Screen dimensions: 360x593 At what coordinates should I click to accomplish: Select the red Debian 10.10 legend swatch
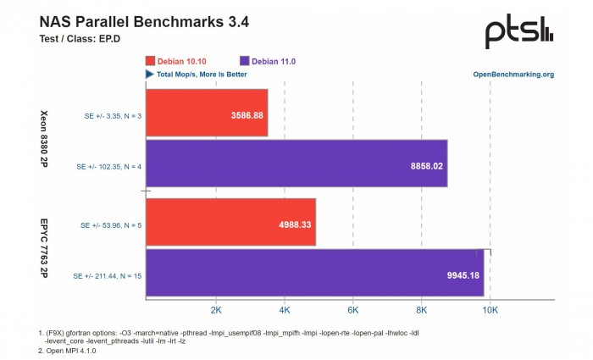pyautogui.click(x=151, y=61)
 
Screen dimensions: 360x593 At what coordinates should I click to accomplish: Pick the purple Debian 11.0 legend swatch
pyautogui.click(x=246, y=61)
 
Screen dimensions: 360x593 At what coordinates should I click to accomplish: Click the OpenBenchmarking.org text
pyautogui.click(x=513, y=75)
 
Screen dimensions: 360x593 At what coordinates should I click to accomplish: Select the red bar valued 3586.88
pyautogui.click(x=207, y=113)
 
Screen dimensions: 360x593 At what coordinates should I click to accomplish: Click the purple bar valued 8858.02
pyautogui.click(x=296, y=165)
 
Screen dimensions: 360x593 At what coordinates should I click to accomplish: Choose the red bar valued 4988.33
pyautogui.click(x=230, y=223)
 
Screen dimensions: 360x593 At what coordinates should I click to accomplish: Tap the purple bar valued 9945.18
pyautogui.click(x=314, y=274)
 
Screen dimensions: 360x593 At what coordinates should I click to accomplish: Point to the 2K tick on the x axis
pyautogui.click(x=215, y=311)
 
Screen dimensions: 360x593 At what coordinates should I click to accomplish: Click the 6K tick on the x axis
pyautogui.click(x=352, y=311)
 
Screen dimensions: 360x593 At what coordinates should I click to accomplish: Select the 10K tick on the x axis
pyautogui.click(x=490, y=311)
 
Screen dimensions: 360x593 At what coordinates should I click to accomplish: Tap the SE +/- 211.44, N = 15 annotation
pyautogui.click(x=107, y=275)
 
